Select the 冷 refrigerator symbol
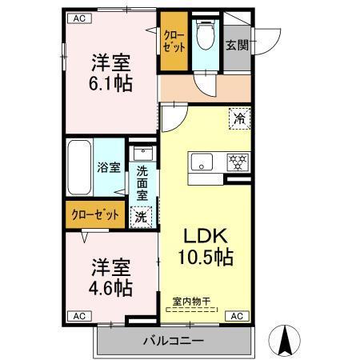[239, 118]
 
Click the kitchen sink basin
[202, 161]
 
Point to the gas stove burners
[237, 161]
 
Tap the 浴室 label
[109, 168]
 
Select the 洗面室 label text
[142, 182]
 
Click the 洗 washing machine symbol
[141, 215]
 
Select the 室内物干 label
[191, 302]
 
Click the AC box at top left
[78, 18]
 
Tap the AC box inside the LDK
[237, 317]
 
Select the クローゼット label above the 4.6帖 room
[95, 214]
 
